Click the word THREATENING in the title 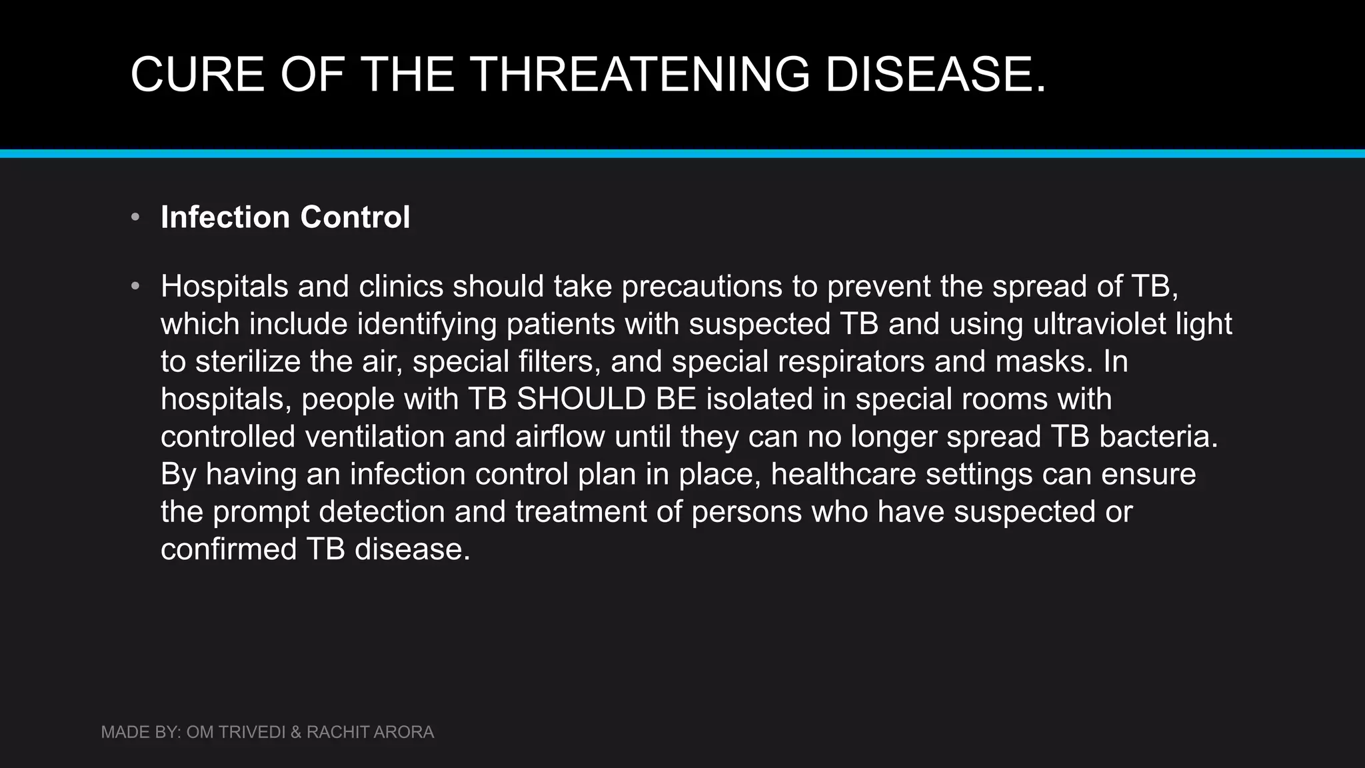[640, 73]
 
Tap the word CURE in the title [197, 73]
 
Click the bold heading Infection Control [285, 217]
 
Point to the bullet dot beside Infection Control [136, 217]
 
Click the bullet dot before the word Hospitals [136, 287]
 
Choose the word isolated [760, 399]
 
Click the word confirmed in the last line [228, 549]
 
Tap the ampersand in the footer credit [295, 732]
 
